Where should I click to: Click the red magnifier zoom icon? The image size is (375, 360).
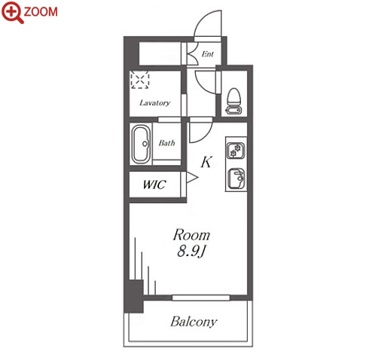[12, 12]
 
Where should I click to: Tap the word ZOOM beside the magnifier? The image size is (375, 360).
[41, 12]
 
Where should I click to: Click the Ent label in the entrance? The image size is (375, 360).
[208, 53]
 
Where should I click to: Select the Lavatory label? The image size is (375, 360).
[154, 102]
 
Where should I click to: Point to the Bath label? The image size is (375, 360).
[166, 143]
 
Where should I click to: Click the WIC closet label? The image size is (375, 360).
[154, 185]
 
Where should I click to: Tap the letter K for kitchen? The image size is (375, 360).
[206, 162]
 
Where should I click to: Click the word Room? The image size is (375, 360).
[191, 235]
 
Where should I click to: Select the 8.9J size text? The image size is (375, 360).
[191, 251]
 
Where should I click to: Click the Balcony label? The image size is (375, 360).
[194, 322]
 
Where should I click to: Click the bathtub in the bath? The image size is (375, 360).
[142, 144]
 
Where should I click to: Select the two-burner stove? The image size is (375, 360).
[236, 151]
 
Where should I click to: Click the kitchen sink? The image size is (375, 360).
[236, 178]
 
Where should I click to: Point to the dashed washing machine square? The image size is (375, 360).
[140, 80]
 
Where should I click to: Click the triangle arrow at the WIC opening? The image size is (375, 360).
[192, 178]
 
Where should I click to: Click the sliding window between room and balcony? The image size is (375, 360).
[201, 297]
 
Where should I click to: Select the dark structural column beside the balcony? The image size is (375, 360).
[134, 296]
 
